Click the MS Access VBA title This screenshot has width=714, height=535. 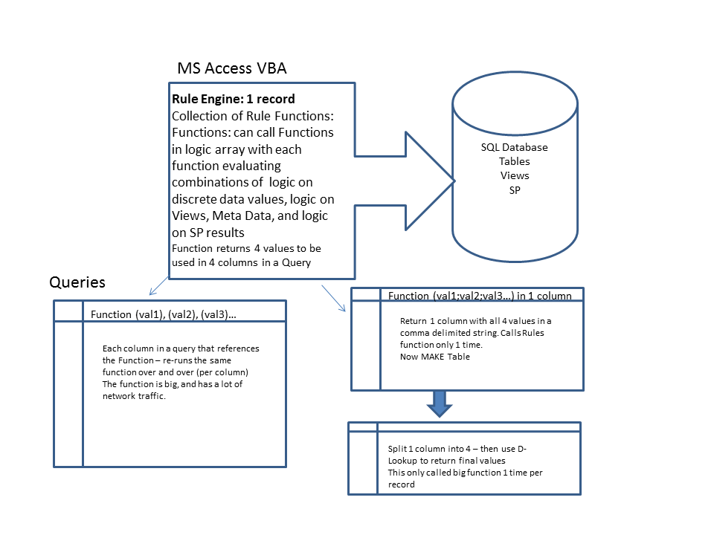[x=232, y=68]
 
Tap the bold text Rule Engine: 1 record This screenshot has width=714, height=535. [x=233, y=99]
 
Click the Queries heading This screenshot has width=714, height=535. [x=77, y=282]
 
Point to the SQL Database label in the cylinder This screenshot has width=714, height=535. [x=514, y=147]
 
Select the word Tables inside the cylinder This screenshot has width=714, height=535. [x=514, y=161]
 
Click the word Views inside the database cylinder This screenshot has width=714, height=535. [x=515, y=175]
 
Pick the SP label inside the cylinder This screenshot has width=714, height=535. [x=515, y=190]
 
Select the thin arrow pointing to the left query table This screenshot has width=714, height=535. [x=158, y=285]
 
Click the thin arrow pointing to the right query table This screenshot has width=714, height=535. [x=333, y=299]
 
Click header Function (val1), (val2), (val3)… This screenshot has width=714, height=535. [x=163, y=314]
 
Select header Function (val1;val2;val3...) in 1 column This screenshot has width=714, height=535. [x=480, y=296]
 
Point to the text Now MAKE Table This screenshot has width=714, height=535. [x=435, y=357]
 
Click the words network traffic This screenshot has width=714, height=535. [x=134, y=396]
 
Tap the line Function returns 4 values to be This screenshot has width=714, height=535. [x=246, y=248]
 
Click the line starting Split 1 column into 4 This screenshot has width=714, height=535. [x=457, y=449]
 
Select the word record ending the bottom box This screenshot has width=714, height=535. [x=401, y=484]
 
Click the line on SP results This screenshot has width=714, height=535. [x=208, y=233]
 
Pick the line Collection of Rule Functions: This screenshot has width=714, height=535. [x=253, y=116]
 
